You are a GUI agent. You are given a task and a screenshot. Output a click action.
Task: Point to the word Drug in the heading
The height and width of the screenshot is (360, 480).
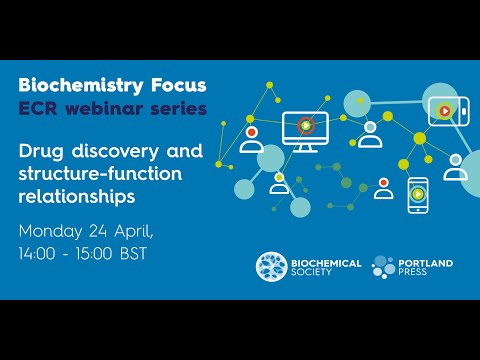44,152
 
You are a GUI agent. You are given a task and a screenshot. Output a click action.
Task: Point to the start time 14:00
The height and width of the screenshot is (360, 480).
40,254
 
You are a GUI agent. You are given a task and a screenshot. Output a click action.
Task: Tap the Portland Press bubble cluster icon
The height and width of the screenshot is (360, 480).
385,267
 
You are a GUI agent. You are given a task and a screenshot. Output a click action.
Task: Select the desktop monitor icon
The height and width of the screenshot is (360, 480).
305,130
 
